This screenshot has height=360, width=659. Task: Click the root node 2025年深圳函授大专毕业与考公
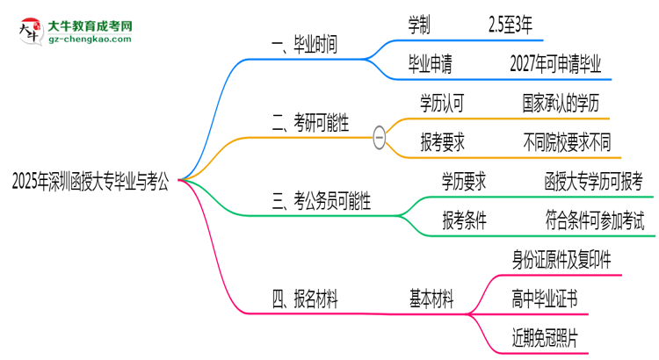[91, 182]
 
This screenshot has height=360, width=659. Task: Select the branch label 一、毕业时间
[306, 44]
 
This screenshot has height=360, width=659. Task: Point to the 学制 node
[419, 24]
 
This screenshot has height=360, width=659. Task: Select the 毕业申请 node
[431, 63]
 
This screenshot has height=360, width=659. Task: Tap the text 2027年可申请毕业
[555, 63]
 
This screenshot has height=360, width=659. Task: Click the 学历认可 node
[442, 104]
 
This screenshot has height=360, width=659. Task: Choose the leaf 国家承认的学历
[560, 104]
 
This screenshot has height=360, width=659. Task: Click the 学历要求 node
[465, 182]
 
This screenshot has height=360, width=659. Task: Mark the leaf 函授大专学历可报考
[594, 182]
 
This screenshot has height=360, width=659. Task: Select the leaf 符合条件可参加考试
[594, 220]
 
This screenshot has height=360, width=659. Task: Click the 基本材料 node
[431, 300]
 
